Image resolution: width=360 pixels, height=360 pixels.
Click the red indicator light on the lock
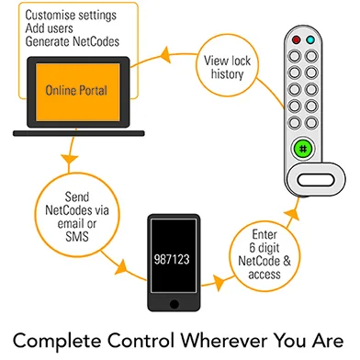pos(296,39)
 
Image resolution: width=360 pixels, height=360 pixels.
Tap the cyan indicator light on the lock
pos(310,39)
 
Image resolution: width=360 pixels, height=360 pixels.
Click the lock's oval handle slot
pos(316,180)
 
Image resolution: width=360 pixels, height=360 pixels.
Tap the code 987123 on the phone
pos(172,259)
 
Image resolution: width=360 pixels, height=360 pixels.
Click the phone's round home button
pos(174,304)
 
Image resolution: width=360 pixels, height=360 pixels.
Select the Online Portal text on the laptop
pos(76,90)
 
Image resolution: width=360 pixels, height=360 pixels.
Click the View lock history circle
pos(227,65)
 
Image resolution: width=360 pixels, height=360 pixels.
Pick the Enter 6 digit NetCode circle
pos(264,256)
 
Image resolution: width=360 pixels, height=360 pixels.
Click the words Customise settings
pos(71,15)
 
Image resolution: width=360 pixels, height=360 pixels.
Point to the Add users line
pos(49,28)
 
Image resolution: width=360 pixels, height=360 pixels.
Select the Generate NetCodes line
pos(73,41)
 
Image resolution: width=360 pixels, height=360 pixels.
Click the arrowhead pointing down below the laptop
pos(70,159)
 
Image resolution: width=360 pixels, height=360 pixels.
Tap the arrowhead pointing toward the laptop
pos(165,55)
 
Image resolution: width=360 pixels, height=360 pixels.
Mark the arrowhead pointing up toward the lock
pos(292,214)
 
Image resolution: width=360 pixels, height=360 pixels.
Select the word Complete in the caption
pos(57,341)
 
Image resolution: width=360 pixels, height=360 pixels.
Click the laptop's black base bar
pos(79,133)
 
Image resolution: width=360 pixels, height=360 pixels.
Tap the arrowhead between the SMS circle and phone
pos(121,267)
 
